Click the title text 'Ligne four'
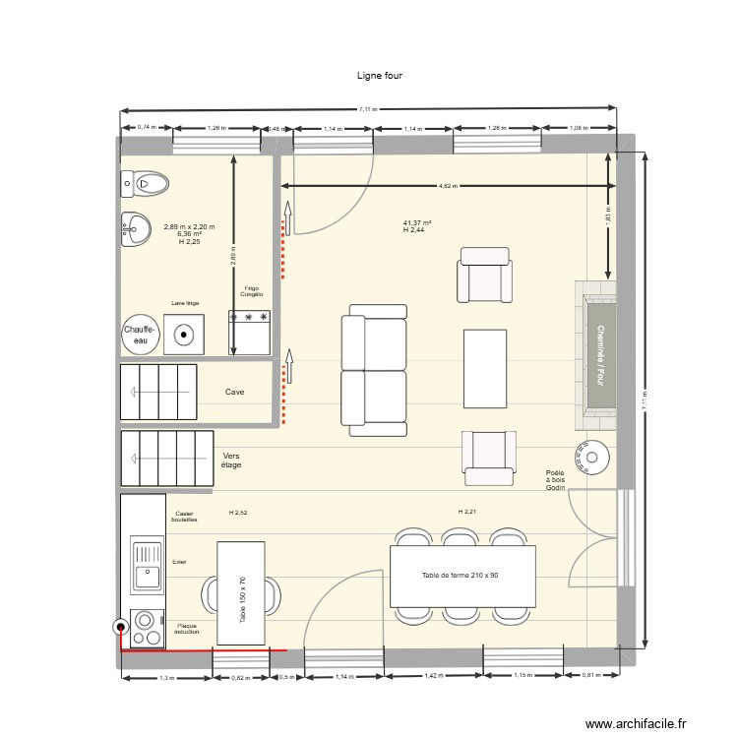pos(380,75)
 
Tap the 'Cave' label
pos(234,392)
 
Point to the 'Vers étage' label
pos(232,461)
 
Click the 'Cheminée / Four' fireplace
pos(597,355)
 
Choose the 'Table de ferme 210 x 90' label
pos(460,575)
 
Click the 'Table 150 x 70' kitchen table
pos(240,592)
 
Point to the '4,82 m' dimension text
pos(448,186)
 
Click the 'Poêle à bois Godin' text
pos(557,480)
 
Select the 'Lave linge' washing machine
pos(184,335)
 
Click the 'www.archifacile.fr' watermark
pos(636,724)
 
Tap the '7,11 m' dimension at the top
pos(367,109)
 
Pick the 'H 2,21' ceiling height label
pos(466,512)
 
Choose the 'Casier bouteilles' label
pos(184,517)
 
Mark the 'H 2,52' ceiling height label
pos(238,513)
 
